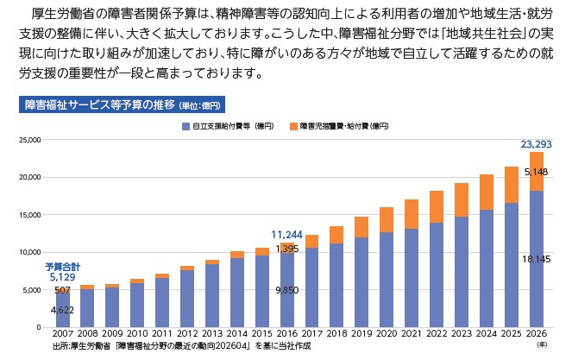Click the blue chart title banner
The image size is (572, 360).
click(x=122, y=104)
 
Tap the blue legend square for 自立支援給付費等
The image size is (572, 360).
click(x=185, y=126)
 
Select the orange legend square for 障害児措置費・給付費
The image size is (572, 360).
click(x=293, y=126)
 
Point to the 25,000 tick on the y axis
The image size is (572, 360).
click(x=30, y=140)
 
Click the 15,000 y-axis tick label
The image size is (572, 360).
click(x=30, y=215)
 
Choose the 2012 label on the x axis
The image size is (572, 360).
click(x=187, y=333)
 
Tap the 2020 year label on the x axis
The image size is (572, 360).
click(x=387, y=333)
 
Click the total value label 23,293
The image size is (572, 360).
click(x=536, y=144)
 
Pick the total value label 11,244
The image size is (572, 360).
click(x=286, y=235)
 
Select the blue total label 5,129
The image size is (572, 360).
click(x=62, y=277)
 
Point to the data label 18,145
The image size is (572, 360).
click(x=536, y=259)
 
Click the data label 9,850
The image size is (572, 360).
click(x=287, y=290)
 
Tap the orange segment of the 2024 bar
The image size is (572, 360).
click(x=487, y=192)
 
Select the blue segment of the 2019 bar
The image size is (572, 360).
click(x=361, y=282)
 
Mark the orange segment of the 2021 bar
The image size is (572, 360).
click(x=412, y=214)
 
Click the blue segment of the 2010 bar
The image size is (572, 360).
click(x=137, y=306)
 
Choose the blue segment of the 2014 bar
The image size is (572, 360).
click(x=237, y=293)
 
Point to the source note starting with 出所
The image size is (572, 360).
click(x=182, y=346)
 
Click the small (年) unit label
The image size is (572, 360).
click(x=542, y=344)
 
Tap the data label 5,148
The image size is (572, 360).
click(x=536, y=172)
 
